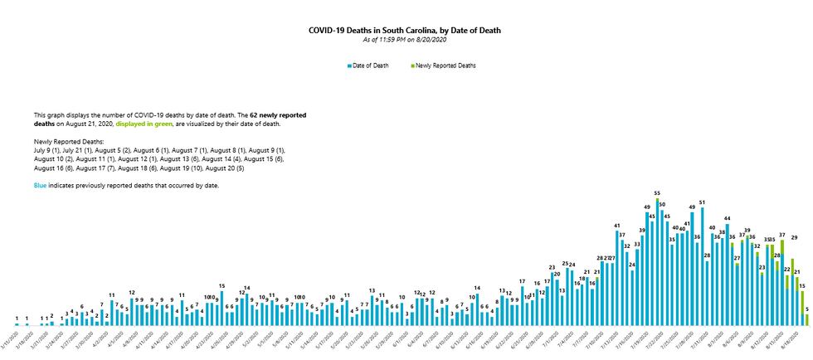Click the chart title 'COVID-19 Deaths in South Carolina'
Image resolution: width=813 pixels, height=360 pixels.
405,30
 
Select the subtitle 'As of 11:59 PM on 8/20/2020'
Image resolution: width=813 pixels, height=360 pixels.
405,40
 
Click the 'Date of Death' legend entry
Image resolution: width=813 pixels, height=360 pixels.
369,66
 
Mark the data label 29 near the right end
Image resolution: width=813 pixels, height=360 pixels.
794,237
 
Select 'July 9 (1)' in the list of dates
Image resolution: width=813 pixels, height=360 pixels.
48,151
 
